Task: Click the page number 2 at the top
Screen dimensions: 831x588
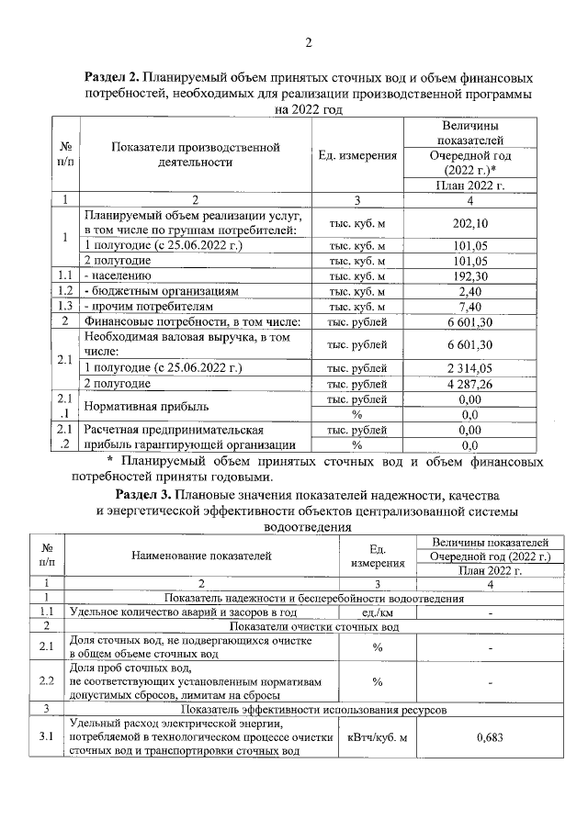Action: pos(308,42)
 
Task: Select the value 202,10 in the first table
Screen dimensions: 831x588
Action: pos(469,223)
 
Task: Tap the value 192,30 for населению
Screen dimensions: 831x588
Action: pos(469,275)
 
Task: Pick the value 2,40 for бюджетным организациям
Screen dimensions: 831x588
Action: pos(469,290)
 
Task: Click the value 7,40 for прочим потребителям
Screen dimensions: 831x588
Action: pos(469,306)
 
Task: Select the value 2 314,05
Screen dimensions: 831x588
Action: pos(469,368)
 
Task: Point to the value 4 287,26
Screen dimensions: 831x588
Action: pos(469,384)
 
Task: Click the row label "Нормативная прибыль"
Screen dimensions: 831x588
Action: pos(146,406)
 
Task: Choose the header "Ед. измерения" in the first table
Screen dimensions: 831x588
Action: pos(357,155)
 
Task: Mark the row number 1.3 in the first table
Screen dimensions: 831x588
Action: pos(64,306)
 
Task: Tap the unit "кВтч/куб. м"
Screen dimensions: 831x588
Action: pos(377,736)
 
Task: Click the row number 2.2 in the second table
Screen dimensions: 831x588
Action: pos(46,681)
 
